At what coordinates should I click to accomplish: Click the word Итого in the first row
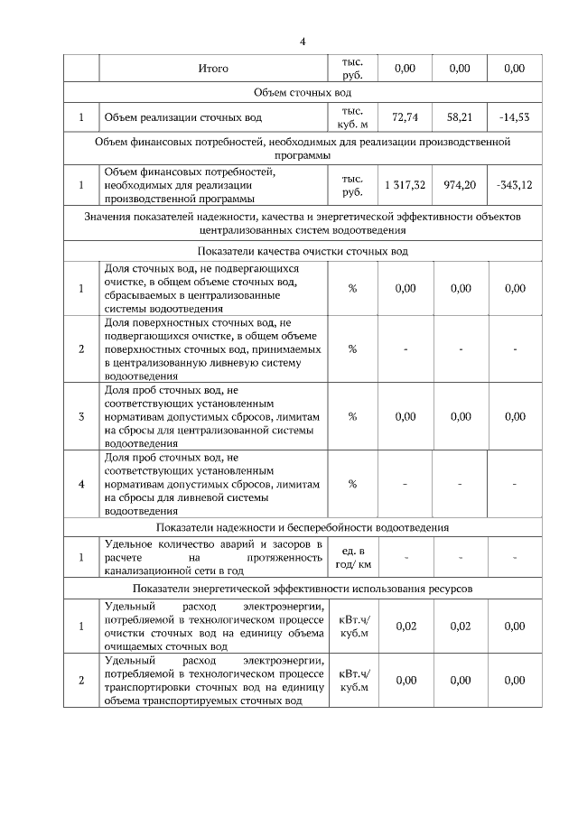point(213,69)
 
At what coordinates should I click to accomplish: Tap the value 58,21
point(460,117)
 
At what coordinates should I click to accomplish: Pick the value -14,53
point(515,117)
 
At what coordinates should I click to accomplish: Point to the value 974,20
point(460,185)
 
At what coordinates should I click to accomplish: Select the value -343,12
point(515,185)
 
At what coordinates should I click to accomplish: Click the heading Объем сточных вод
point(303,93)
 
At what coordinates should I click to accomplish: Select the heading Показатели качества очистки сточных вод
point(303,251)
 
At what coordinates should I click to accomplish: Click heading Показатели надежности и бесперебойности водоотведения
point(303,527)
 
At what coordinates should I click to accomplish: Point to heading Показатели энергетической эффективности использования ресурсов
point(303,589)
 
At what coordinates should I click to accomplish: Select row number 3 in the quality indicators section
point(81,416)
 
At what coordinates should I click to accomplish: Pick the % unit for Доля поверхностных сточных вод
point(352,349)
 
